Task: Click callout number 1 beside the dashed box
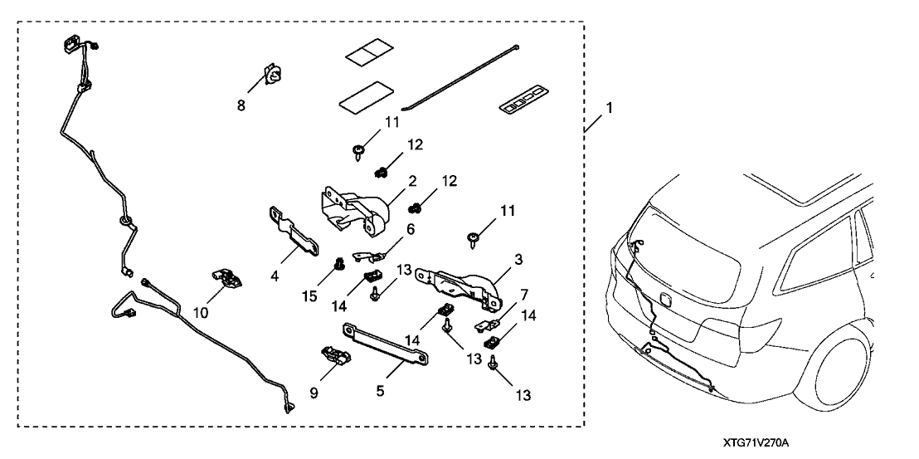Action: (x=610, y=108)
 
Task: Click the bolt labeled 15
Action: (x=338, y=265)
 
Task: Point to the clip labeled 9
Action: (x=337, y=356)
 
